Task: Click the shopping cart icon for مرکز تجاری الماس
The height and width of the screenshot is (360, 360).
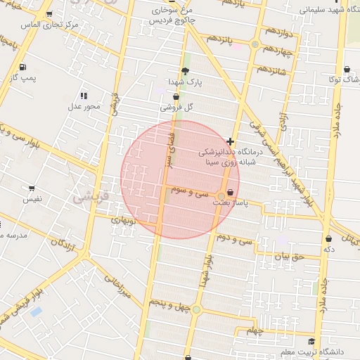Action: click(49, 14)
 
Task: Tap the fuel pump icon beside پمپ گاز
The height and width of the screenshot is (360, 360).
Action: click(24, 67)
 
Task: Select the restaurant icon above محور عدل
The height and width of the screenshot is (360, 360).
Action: click(84, 96)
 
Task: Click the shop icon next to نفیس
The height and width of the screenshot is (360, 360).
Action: click(32, 188)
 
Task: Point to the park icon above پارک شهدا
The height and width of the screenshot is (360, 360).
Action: click(185, 70)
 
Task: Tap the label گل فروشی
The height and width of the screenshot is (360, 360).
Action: click(176, 108)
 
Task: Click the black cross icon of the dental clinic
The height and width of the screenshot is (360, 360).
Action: click(231, 141)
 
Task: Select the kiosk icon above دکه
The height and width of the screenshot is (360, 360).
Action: click(328, 239)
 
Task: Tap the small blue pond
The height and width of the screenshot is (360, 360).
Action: click(36, 311)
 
